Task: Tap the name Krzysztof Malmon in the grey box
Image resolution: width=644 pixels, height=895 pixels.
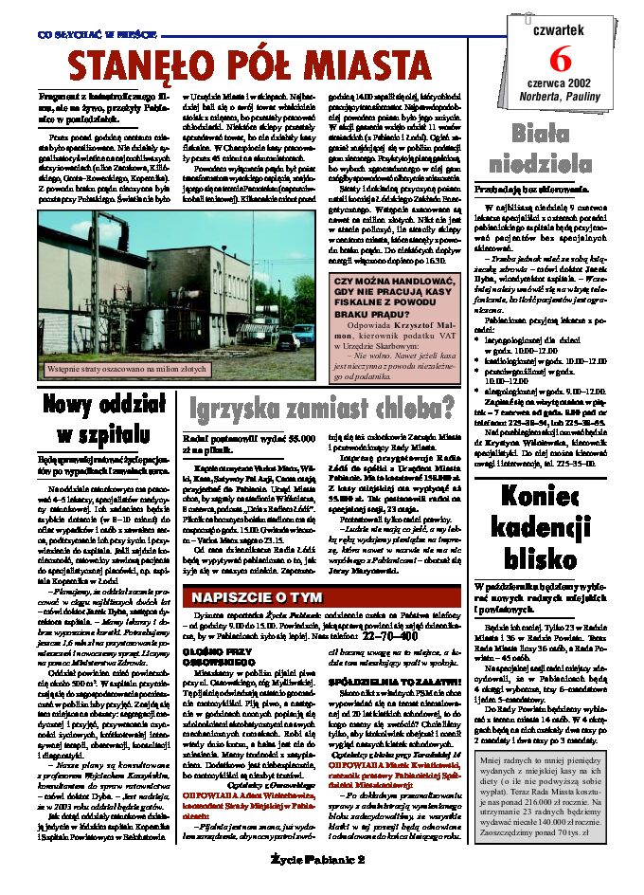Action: pyautogui.click(x=402, y=329)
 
